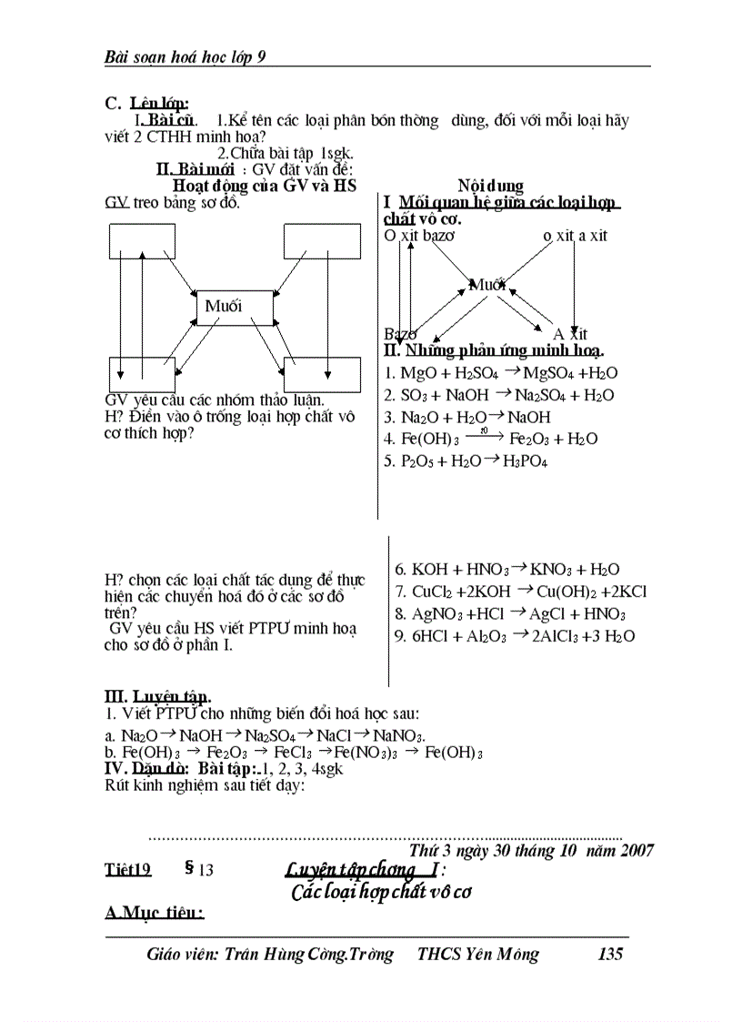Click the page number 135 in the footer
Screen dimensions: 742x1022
[610, 955]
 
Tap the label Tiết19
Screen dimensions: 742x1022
[128, 870]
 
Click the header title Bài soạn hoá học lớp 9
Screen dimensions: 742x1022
[185, 57]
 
